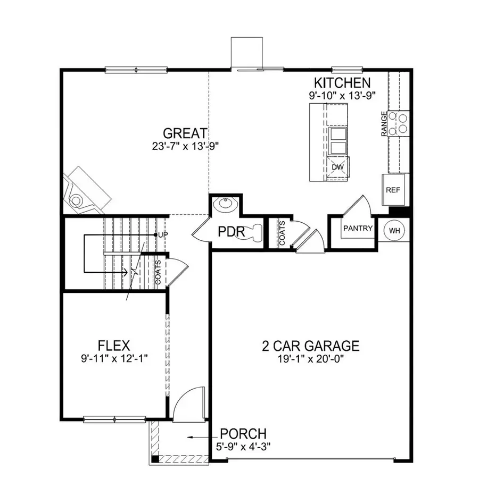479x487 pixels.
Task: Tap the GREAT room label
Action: (185, 133)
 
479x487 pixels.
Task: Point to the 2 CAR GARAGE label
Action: (310, 346)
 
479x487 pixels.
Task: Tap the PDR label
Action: (231, 232)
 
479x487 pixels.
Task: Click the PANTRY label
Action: (358, 229)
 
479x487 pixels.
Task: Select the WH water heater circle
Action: (394, 230)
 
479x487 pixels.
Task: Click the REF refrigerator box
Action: (393, 190)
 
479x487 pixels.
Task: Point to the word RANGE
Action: (384, 124)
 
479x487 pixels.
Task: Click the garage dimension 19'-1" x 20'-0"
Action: (310, 358)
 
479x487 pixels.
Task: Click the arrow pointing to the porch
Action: (197, 436)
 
